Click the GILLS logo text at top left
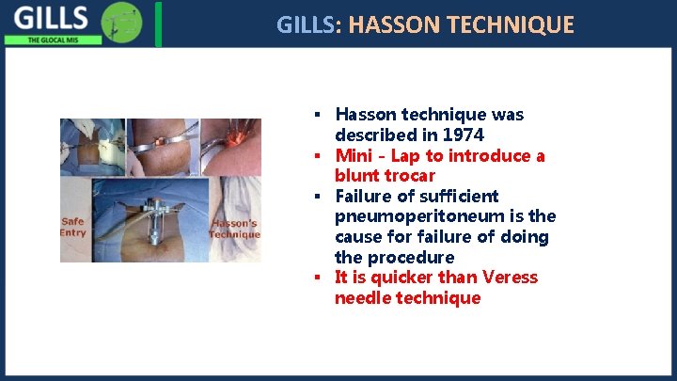[52, 18]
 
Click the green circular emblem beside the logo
[121, 22]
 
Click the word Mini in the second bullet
[354, 155]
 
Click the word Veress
[510, 278]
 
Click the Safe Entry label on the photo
[72, 227]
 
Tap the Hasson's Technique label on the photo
[234, 229]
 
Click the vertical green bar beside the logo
[158, 24]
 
